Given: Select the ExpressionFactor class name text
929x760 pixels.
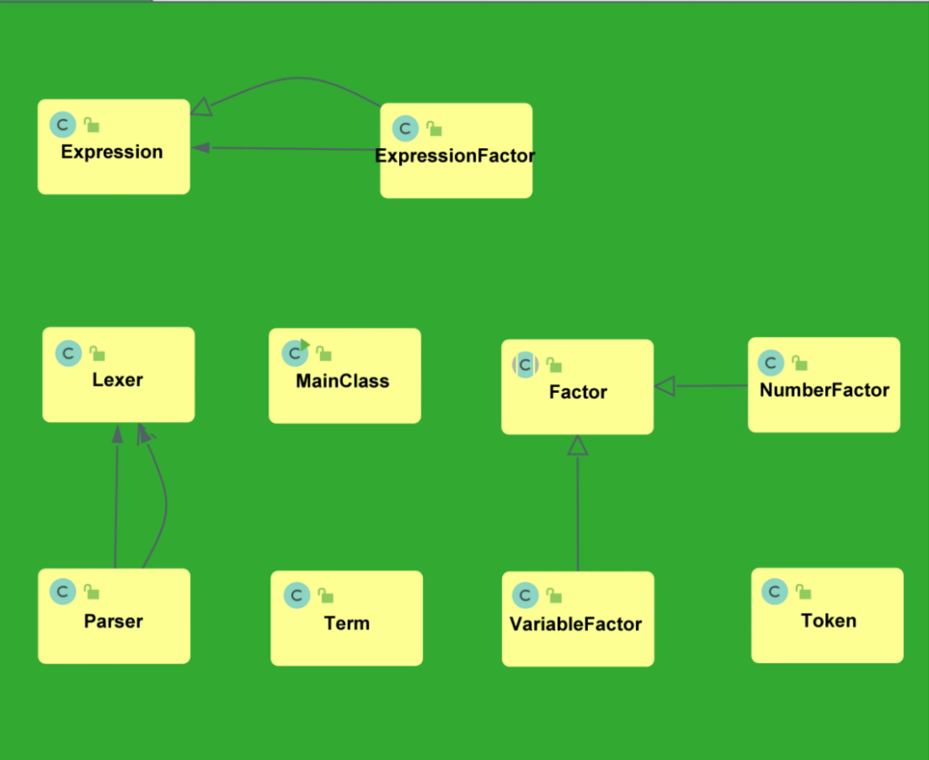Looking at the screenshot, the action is tap(455, 156).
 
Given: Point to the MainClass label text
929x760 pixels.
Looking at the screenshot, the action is tap(343, 381).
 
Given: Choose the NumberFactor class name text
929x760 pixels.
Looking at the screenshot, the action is tap(825, 390).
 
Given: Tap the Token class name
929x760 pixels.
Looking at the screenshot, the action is tap(829, 621).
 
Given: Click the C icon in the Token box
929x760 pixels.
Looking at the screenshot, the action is tap(775, 592).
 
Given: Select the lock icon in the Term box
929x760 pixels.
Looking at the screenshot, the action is tap(326, 595).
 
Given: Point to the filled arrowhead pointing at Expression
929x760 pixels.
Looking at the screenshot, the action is tap(201, 148).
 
